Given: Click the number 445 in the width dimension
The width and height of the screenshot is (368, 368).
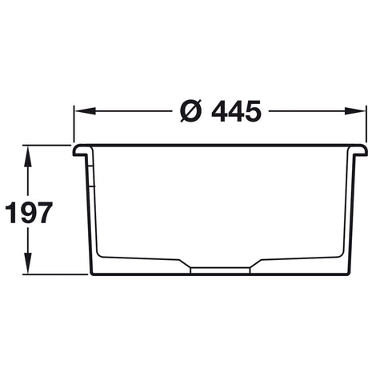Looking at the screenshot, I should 237,113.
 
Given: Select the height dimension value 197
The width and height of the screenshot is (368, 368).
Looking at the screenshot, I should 29,213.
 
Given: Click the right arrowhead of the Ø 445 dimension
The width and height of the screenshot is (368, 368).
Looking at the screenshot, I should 360,113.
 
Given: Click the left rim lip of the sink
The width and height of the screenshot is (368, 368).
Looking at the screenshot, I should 80,150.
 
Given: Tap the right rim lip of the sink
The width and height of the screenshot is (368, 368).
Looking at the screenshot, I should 361,150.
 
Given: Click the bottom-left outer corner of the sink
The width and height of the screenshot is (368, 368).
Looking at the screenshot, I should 91,274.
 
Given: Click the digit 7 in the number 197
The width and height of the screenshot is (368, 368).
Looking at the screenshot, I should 44,213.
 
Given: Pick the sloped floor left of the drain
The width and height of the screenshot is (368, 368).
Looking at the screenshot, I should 144,259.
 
